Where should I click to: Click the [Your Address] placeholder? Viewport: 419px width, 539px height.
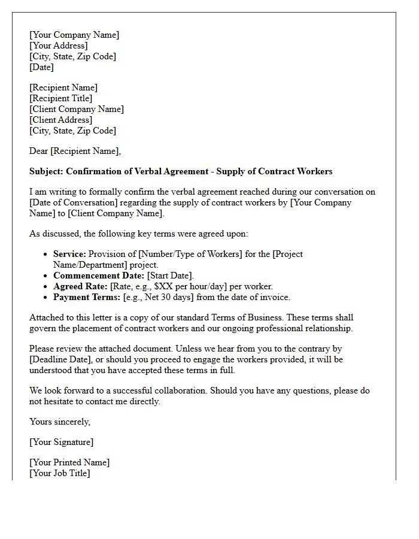coord(59,46)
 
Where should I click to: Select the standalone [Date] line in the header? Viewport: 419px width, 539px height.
coord(41,67)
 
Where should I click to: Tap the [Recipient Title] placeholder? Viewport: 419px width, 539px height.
coord(61,98)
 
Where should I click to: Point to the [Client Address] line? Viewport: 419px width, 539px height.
coord(61,120)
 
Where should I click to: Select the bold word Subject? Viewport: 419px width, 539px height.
coord(46,171)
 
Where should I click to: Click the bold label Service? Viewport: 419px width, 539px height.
coord(69,254)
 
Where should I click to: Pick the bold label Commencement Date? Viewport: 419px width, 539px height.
coord(99,275)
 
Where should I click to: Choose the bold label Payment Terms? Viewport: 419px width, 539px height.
coord(87,297)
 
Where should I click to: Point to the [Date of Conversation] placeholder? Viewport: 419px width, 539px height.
coord(71,202)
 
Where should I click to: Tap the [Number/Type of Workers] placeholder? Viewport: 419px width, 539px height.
coord(190,254)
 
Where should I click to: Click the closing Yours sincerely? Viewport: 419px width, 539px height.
coord(60,422)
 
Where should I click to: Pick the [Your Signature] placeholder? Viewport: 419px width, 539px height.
coord(62,442)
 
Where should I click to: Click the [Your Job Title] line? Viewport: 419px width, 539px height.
coord(60,473)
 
